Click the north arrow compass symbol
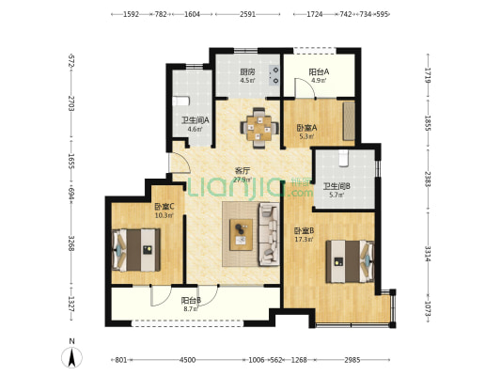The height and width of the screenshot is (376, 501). tap(71, 356)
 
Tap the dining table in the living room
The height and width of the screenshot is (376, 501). tap(259, 129)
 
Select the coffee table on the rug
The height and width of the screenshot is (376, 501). tap(241, 235)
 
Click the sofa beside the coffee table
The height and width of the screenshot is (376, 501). tap(269, 234)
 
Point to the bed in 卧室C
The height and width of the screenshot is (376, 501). tap(135, 250)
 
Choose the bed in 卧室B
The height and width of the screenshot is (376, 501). tap(350, 261)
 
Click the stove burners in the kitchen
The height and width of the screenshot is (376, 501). tap(274, 76)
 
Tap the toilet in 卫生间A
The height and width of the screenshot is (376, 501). tap(180, 101)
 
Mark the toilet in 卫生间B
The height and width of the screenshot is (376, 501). tap(343, 158)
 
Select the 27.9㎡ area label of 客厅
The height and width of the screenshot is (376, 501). tap(243, 180)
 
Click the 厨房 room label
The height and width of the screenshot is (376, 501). tap(247, 71)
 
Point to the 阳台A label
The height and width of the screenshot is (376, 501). tap(319, 72)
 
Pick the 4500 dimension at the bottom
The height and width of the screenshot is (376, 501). tap(187, 360)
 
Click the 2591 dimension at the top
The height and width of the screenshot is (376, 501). tap(247, 14)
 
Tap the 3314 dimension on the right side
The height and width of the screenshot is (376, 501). tap(428, 254)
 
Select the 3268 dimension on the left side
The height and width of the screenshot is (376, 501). tap(71, 243)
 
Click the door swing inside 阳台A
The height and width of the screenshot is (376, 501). tap(305, 87)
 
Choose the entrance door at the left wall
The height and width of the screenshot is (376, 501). tap(180, 162)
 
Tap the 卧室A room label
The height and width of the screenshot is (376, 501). tap(306, 128)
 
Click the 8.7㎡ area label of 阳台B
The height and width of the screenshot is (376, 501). tap(191, 309)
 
